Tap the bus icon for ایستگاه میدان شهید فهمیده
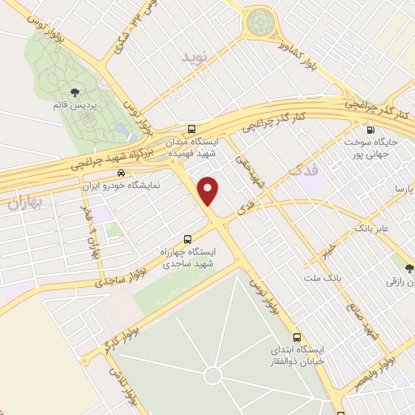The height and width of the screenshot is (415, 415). [x=191, y=129]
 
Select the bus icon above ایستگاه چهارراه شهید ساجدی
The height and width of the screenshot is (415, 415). [x=188, y=239]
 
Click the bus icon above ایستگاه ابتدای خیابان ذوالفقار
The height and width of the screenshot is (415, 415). [x=297, y=336]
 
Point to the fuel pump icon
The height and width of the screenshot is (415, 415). [x=370, y=129]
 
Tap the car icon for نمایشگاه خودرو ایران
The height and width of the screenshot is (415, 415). [x=121, y=173]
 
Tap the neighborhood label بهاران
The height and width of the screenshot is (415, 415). [x=24, y=203]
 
